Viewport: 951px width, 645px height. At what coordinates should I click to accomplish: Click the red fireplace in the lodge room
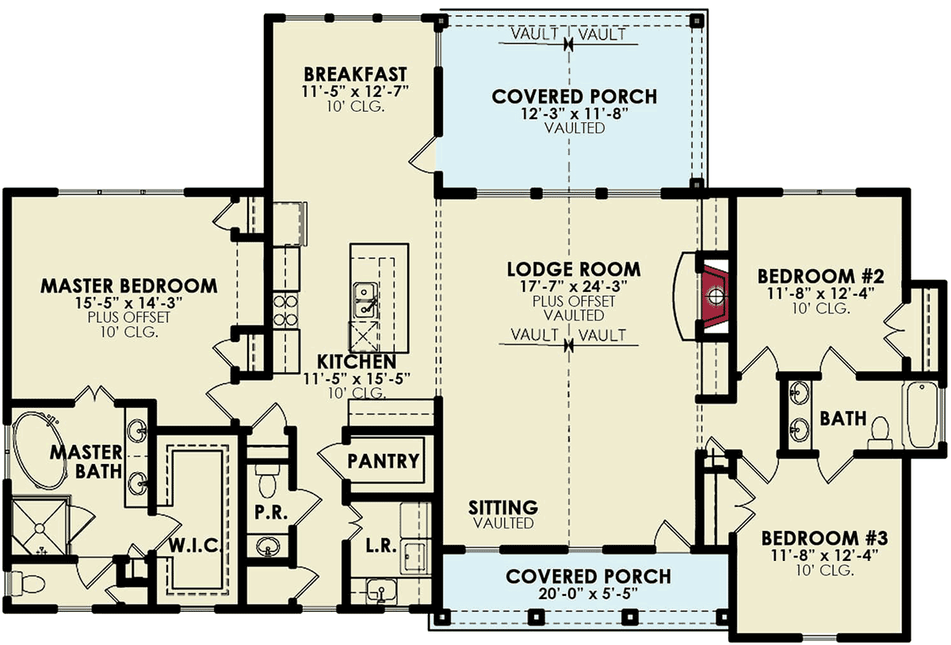(716, 296)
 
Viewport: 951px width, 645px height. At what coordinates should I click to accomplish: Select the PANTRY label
(384, 461)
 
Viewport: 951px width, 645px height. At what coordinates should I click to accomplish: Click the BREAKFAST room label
(355, 75)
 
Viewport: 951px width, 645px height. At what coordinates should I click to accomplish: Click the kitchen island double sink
(365, 300)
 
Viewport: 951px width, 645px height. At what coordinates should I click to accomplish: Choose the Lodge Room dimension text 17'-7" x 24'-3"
(574, 286)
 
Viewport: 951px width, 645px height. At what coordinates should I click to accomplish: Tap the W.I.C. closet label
(195, 545)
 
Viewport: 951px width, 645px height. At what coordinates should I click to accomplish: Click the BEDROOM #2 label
(821, 276)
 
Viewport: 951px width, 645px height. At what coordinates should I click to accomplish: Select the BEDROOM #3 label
(824, 538)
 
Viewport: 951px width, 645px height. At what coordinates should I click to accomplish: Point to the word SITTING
(503, 507)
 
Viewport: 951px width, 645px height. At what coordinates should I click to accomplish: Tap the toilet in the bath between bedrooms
(880, 432)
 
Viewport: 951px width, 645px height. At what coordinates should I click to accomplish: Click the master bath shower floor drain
(40, 528)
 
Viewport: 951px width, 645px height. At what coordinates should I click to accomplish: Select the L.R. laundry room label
(381, 547)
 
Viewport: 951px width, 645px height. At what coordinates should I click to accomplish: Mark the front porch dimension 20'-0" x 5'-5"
(588, 593)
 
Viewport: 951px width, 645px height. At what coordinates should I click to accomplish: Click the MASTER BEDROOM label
(129, 286)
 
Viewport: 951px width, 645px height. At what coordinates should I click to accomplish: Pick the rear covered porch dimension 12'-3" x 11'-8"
(575, 114)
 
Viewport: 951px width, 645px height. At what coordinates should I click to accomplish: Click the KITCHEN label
(357, 362)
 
